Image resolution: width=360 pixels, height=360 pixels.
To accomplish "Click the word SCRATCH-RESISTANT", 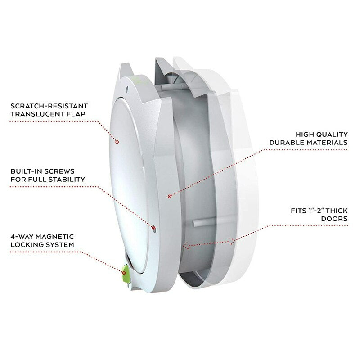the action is [x=49, y=106].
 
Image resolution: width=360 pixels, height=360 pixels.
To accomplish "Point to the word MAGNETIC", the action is [x=55, y=237].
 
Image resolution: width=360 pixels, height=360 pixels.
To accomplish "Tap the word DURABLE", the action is [x=284, y=143].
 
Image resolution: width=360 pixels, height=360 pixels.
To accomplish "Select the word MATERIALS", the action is [x=324, y=143].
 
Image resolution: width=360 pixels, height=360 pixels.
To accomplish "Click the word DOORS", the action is [x=334, y=219].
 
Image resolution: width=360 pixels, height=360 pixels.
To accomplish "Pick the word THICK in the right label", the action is [x=337, y=211].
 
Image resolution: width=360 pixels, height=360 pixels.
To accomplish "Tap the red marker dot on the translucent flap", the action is [x=117, y=142].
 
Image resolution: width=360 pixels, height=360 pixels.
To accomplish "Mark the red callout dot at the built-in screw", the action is [x=153, y=228].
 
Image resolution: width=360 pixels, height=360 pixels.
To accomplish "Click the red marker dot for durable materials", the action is [x=170, y=196].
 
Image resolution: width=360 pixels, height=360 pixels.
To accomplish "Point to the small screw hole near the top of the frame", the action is [x=127, y=90].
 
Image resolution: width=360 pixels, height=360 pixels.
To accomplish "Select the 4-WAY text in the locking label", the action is [x=22, y=237].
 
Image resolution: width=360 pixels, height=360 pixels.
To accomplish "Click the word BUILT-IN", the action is [x=25, y=171].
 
